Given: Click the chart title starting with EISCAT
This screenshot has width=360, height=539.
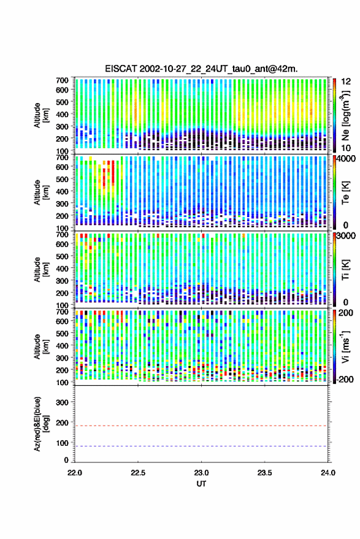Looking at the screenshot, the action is click(201, 69).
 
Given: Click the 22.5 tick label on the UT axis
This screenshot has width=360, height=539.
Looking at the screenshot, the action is click(138, 473).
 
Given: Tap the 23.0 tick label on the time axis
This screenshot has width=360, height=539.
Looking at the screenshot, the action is click(201, 473).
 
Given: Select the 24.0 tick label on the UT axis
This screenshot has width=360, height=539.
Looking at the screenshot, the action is click(327, 473).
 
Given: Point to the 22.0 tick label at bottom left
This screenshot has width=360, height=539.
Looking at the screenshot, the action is click(75, 473).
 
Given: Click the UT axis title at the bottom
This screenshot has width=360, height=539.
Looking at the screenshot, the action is click(201, 484).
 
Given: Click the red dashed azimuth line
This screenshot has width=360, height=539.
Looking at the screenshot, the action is click(201, 426).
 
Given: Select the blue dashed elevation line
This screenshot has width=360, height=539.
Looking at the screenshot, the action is click(201, 446).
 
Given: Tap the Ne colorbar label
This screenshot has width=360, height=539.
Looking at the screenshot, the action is click(345, 115).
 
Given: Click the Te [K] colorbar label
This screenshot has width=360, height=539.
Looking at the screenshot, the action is click(345, 193).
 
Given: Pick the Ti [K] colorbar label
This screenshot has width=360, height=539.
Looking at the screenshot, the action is click(345, 270).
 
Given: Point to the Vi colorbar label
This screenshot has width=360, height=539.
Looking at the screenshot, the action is click(345, 346).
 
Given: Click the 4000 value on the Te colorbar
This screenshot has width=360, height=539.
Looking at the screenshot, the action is click(347, 158).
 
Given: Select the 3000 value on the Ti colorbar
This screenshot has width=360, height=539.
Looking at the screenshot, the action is click(347, 235).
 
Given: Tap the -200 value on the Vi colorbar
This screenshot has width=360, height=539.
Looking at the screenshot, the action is click(345, 379).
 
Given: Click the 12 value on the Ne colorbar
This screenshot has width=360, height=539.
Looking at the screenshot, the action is click(346, 82).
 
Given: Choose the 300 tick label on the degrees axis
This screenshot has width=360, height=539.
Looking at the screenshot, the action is click(62, 402).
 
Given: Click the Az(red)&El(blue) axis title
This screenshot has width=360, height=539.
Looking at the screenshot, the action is click(40, 424).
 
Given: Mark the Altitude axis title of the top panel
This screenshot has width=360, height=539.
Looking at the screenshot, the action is click(40, 115).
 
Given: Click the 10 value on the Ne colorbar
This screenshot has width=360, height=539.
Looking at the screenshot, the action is click(346, 148).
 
